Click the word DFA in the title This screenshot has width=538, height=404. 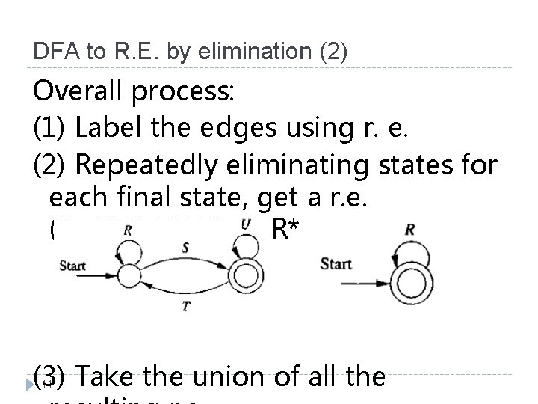[50, 52]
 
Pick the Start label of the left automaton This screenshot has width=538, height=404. [72, 266]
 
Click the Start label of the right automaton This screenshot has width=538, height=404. [336, 263]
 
